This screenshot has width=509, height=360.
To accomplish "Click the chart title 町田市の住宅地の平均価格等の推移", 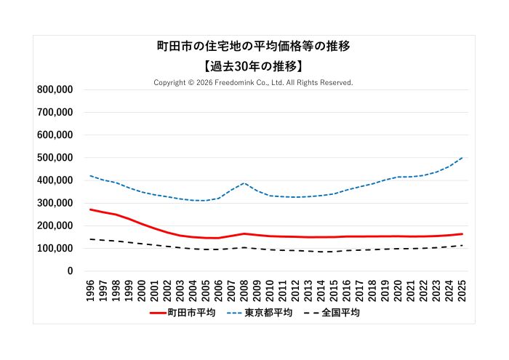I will [254, 47].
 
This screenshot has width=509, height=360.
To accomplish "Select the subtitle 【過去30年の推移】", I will [254, 66].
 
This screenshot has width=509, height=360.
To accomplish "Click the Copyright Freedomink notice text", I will [254, 83].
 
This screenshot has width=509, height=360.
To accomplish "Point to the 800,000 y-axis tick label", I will [55, 89].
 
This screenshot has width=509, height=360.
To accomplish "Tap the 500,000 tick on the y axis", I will [55, 158].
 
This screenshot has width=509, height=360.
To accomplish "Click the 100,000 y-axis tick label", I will [55, 249].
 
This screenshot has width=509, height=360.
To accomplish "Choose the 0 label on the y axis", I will [70, 271].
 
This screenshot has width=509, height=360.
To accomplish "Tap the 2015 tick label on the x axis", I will [334, 289].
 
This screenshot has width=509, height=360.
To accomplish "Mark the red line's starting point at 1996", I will [90, 209].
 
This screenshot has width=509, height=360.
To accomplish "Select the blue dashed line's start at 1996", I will [90, 175].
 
